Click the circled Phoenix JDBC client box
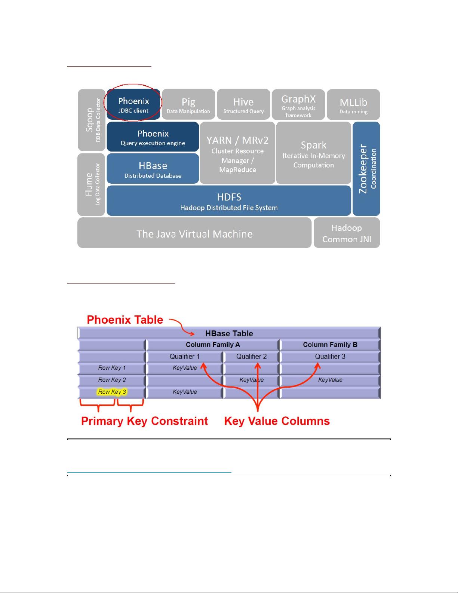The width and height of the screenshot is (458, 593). [x=133, y=104]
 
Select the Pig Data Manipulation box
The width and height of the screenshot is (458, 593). [x=188, y=104]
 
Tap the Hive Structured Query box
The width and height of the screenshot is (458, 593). [x=243, y=104]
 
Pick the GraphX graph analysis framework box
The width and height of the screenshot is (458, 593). [x=298, y=104]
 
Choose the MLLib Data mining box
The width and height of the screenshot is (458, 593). [x=353, y=104]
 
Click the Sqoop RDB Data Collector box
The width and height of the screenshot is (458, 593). [x=92, y=120]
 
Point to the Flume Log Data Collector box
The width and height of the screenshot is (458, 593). [x=91, y=184]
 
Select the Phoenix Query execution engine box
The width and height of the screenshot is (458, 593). [x=153, y=137]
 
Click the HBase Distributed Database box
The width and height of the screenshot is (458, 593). [x=153, y=168]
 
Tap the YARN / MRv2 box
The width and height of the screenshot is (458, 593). [x=237, y=153]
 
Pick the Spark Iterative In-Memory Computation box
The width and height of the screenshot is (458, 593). [x=314, y=153]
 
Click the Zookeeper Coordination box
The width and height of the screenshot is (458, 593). [x=366, y=169]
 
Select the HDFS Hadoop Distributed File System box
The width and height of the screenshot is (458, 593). [x=229, y=201]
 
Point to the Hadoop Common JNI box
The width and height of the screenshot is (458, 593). [x=347, y=233]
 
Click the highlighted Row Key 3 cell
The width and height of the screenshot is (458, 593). [x=112, y=392]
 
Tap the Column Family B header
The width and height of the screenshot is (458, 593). [x=330, y=345]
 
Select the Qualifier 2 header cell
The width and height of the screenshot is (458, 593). [x=251, y=357]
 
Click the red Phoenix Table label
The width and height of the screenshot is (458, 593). [x=125, y=320]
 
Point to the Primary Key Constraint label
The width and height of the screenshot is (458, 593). [x=144, y=421]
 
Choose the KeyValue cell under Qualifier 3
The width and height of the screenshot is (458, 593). [x=330, y=380]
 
